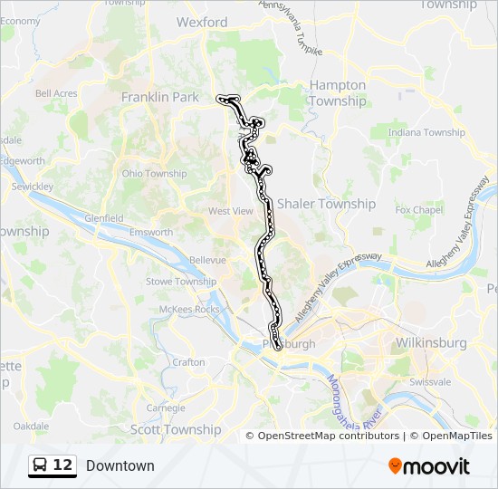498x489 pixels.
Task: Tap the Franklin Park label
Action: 159,96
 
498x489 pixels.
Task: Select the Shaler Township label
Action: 326,204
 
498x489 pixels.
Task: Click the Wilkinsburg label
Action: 430,343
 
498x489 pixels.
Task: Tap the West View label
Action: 231,211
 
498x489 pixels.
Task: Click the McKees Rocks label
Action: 189,310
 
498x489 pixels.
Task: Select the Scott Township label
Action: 176,429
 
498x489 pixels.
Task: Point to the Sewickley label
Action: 33,186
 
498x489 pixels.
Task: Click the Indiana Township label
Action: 426,132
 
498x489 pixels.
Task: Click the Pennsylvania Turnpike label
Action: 291,27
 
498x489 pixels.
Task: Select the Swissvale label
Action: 429,382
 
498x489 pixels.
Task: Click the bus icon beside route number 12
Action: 41,465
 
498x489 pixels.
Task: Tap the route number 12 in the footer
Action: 62,465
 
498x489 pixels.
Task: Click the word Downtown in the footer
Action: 120,465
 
